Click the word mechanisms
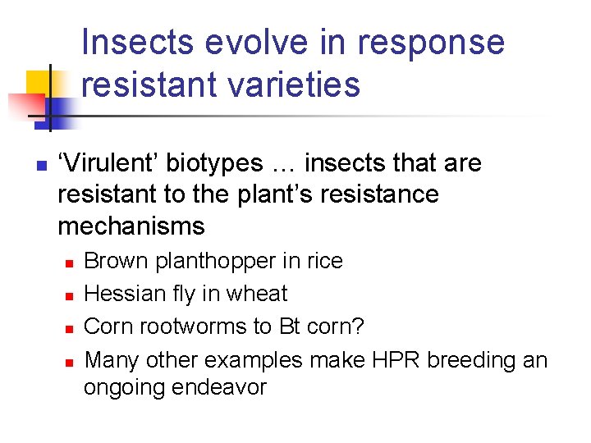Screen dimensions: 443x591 pyautogui.click(x=131, y=225)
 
